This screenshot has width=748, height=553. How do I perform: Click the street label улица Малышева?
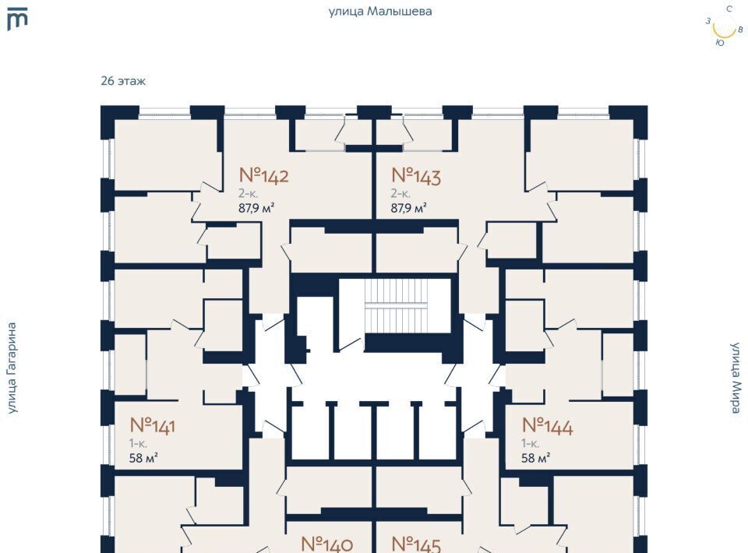380,12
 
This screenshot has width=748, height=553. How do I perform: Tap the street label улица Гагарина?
12,368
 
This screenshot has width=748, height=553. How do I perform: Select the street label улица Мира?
735,377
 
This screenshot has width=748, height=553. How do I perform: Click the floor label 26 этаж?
123,81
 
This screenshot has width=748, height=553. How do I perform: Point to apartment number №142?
263,175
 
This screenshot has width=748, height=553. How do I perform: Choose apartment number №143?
416,176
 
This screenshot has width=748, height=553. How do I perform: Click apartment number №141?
152,425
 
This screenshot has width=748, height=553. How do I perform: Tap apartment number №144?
547,426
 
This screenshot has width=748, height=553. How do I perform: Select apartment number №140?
327,544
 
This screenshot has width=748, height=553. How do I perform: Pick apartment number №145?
416,544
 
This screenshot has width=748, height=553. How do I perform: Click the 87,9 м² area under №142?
256,208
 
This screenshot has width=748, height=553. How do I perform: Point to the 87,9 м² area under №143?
408,208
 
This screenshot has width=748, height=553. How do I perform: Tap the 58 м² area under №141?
143,458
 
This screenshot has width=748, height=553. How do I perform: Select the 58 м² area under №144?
536,458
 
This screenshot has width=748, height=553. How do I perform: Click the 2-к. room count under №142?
249,193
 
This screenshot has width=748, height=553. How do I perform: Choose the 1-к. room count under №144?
531,443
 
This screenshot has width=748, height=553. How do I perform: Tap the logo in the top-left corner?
17,19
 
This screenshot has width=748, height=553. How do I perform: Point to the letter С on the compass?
729,9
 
